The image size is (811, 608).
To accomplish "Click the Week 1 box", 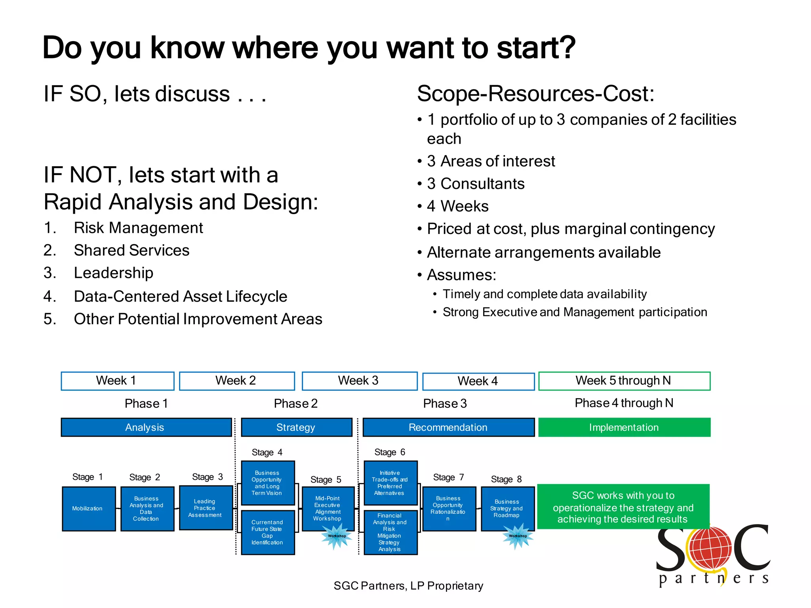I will (x=117, y=381).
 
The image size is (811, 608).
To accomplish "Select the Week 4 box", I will (x=478, y=381).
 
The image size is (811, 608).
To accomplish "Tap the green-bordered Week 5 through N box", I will (x=624, y=381).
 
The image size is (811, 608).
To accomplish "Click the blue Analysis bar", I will (x=146, y=427).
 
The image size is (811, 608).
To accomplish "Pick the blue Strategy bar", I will (x=296, y=427).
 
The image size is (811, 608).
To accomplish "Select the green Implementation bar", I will (x=624, y=427).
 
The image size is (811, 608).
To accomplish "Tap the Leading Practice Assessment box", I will (x=206, y=508).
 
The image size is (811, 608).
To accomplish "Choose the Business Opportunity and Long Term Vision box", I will (x=268, y=483).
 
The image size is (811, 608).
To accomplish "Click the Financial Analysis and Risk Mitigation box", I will (x=390, y=532).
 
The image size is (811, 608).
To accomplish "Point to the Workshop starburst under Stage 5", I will (x=337, y=536).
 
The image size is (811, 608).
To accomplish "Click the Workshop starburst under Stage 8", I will (x=518, y=536).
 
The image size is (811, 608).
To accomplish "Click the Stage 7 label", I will (x=448, y=477).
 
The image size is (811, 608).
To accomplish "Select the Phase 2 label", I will (x=296, y=403).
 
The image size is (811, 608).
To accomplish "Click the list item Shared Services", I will (x=131, y=251).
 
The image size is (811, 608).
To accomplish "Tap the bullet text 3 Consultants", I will (x=476, y=184).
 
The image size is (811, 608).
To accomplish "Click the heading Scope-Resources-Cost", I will (x=535, y=94).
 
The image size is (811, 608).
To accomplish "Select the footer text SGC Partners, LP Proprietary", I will (x=408, y=586).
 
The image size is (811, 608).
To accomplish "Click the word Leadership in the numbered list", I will (x=114, y=273).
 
